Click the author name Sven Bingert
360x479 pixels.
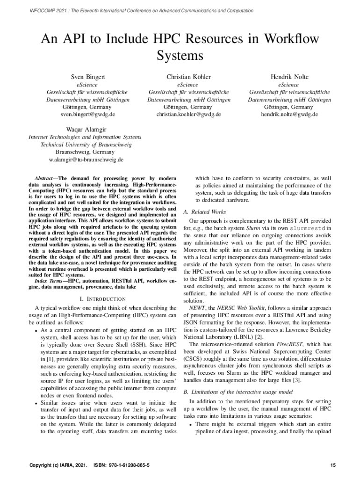pyautogui.click(x=87, y=77)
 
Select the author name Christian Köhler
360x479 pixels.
pyautogui.click(x=188, y=77)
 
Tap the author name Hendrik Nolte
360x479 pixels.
pyautogui.click(x=289, y=77)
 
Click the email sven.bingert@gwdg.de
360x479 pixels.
pyautogui.click(x=87, y=114)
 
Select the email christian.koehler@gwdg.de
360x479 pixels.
pyautogui.click(x=188, y=114)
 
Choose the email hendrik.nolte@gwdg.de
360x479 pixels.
pyautogui.click(x=289, y=114)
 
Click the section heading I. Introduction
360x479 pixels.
pyautogui.click(x=102, y=298)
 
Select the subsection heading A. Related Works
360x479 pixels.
pyautogui.click(x=205, y=211)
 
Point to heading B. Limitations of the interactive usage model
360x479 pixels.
pyautogui.click(x=238, y=391)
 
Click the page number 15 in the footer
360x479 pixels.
pyautogui.click(x=333, y=465)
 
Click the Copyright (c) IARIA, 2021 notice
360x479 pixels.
pyautogui.click(x=58, y=465)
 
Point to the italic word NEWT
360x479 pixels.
pyautogui.click(x=196, y=308)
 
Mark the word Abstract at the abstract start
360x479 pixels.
pyautogui.click(x=45, y=179)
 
